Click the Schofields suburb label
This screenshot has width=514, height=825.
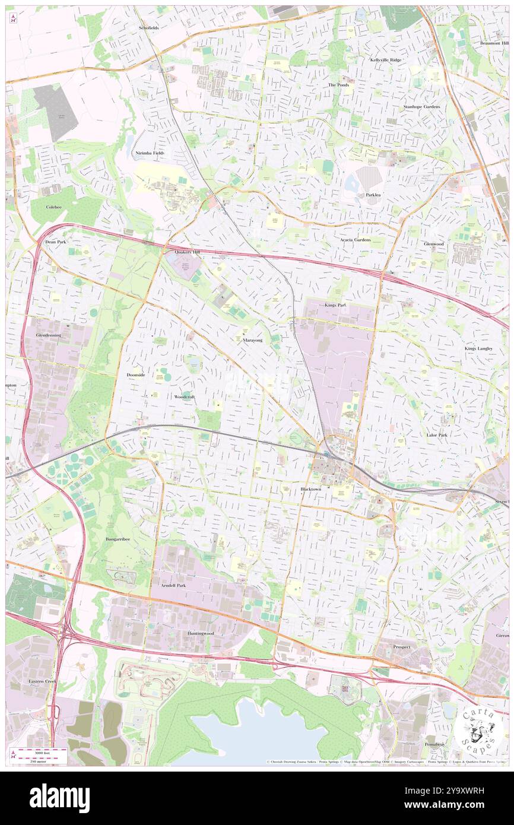pos(149,28)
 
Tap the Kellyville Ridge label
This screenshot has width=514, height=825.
pos(386,60)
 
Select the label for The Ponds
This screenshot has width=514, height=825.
pos(339,85)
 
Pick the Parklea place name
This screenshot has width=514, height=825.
pos(373,195)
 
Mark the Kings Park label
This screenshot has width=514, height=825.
pos(335,304)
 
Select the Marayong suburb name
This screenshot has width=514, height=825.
pos(253,341)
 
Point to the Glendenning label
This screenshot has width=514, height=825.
pos(45,335)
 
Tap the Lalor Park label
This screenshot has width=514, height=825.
pos(437,435)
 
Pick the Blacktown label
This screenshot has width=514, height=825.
pos(310,489)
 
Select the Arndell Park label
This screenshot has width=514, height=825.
pos(173,585)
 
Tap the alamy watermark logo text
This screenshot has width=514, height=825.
pos(60,798)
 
